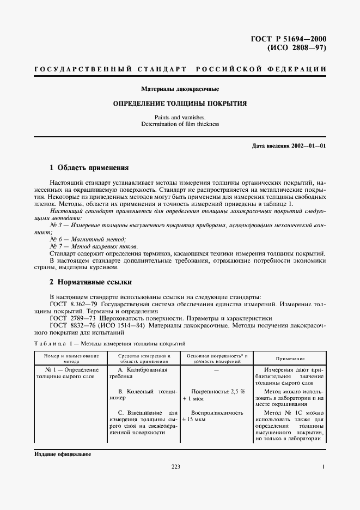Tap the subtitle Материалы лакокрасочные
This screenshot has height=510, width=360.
tap(180, 88)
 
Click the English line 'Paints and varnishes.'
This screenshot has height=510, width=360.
tap(180, 117)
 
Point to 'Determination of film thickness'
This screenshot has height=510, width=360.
tap(180, 124)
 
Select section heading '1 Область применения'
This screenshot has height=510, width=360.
tap(89, 168)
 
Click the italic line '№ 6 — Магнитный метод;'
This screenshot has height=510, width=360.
tap(88, 239)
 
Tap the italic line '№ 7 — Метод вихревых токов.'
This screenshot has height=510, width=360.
tap(94, 246)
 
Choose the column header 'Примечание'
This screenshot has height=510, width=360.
tap(290, 359)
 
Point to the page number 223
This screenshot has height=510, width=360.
tap(175, 467)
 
